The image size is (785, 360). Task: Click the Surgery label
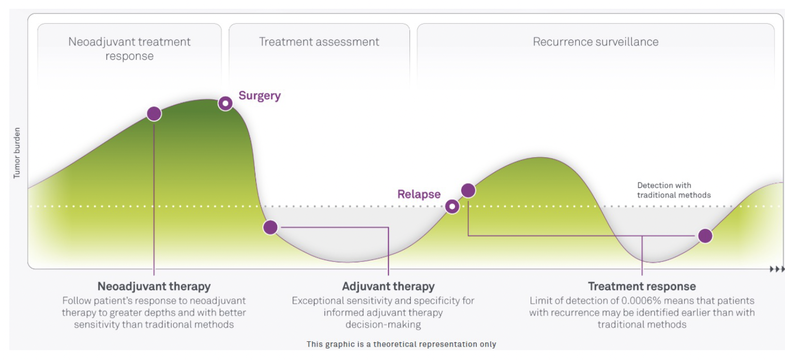[x=259, y=96]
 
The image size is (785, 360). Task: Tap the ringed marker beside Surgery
[x=225, y=103]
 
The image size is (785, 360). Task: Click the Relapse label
[x=419, y=194]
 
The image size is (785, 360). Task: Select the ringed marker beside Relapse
[x=452, y=207]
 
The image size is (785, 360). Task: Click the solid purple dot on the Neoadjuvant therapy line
[x=154, y=114]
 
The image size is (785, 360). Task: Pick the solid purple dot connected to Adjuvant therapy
[x=270, y=227]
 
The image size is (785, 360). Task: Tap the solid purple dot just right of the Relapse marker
[x=468, y=190]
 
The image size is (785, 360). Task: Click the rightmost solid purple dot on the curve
[x=705, y=236]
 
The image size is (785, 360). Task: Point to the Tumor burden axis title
[x=17, y=153]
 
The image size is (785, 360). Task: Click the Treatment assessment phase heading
[x=319, y=42]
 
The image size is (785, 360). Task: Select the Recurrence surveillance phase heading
[x=596, y=42]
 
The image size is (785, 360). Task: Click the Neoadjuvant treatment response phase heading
[x=129, y=49]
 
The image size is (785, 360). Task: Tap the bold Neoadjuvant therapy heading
[x=154, y=286]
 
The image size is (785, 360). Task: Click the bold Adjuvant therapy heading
[x=388, y=286]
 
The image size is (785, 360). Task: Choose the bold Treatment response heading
[x=642, y=286]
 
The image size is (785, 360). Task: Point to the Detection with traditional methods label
[x=673, y=190]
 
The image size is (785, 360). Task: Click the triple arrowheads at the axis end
[x=777, y=269]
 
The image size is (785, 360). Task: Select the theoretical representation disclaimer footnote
[x=401, y=344]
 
